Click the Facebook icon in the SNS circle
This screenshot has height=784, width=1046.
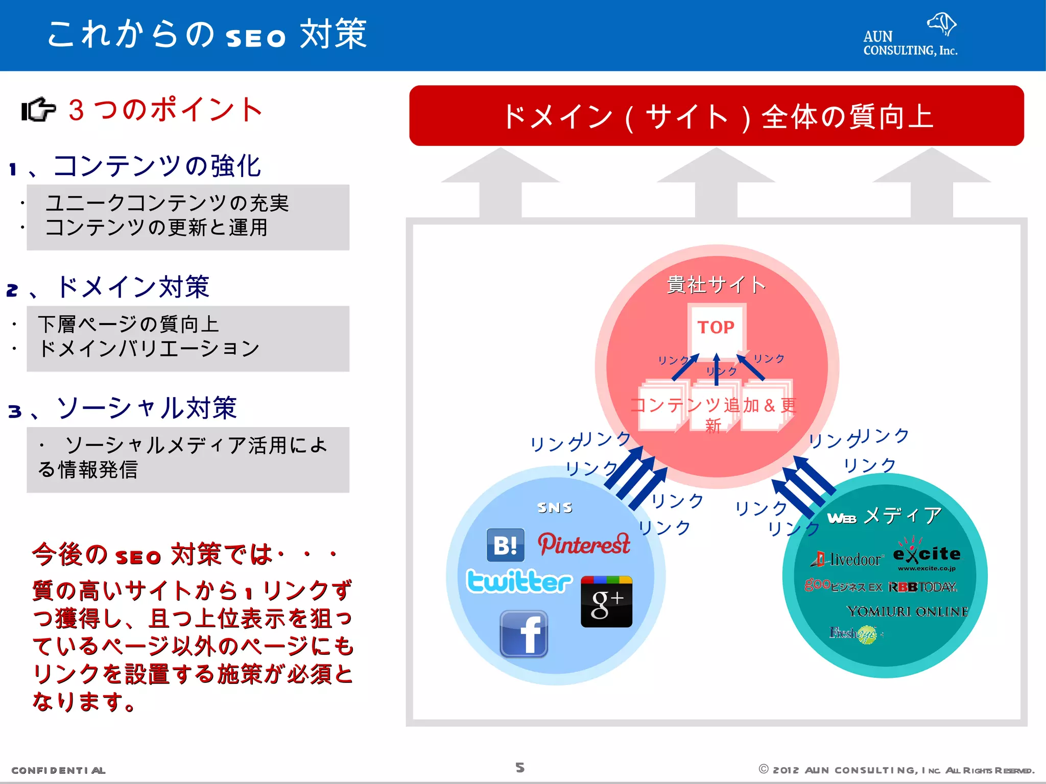(524, 634)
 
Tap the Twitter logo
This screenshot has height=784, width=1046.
(519, 581)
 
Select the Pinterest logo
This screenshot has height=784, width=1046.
(584, 544)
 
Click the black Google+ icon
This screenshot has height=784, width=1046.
(606, 602)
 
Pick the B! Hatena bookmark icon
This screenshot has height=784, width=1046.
(505, 545)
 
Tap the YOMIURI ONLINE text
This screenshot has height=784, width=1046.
(907, 611)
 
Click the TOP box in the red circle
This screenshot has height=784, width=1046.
(716, 328)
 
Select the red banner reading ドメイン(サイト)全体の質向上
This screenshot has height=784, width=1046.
(716, 116)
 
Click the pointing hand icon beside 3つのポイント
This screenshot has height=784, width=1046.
(38, 109)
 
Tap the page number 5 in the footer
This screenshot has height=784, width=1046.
(520, 768)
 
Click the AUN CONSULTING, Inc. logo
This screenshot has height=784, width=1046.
(910, 36)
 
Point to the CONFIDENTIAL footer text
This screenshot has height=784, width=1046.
(58, 770)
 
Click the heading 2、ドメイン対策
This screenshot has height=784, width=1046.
(108, 287)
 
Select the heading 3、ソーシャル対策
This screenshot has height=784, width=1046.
(123, 408)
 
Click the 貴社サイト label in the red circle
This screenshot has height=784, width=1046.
(716, 285)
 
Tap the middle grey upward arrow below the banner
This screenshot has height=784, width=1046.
(716, 184)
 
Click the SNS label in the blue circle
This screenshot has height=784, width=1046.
(555, 507)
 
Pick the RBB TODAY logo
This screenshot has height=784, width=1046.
(922, 587)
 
